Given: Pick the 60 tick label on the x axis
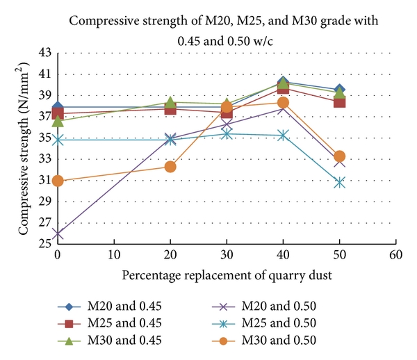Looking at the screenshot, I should click(x=396, y=254).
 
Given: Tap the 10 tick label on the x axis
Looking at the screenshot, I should click(x=113, y=254).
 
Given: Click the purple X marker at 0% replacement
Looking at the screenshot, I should click(x=58, y=235).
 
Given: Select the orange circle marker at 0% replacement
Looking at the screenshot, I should click(x=58, y=181).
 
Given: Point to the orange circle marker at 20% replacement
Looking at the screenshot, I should click(x=170, y=167).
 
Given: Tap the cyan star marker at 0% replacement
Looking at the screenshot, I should click(x=58, y=140).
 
